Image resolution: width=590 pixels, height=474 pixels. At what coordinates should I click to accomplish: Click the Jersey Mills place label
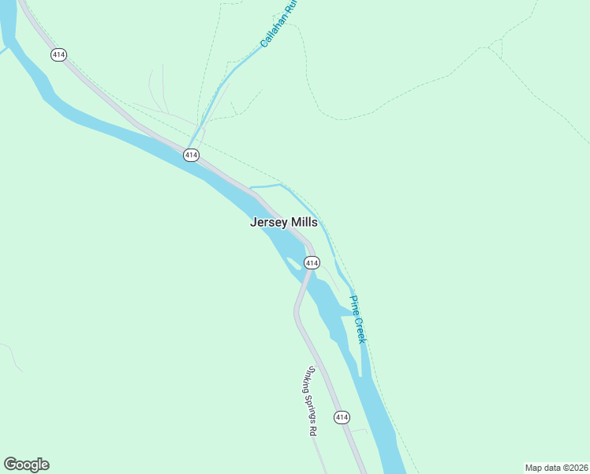(284, 223)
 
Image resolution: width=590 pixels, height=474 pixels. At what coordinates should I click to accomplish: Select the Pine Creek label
(357, 319)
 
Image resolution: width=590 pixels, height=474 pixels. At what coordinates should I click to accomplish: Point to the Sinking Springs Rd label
(312, 401)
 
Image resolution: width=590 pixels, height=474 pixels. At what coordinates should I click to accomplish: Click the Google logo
(26, 465)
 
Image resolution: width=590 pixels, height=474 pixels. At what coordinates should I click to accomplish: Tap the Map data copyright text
(556, 468)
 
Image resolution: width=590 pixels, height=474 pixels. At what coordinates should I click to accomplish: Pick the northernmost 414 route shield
(58, 55)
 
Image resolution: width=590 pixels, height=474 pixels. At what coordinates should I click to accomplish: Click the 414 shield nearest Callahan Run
(191, 156)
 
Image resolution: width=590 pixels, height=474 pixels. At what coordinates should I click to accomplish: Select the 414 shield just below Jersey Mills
(312, 262)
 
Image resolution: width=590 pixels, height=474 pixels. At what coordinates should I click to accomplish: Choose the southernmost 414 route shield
(342, 416)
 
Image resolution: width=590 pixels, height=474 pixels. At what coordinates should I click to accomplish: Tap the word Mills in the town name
(304, 223)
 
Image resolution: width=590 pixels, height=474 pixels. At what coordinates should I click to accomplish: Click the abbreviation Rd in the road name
(313, 431)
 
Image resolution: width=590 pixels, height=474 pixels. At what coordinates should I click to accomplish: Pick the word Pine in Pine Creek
(354, 303)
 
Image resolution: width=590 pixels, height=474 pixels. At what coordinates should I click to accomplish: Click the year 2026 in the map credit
(577, 468)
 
